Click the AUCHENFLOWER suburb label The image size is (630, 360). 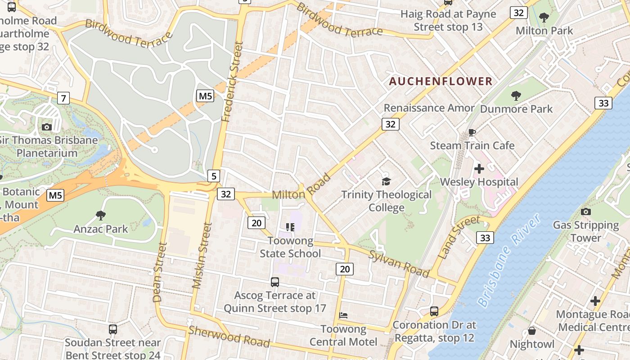[441, 81]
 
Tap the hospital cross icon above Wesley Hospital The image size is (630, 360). [479, 169]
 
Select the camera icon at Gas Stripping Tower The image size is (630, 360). [585, 211]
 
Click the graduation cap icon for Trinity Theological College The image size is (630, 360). [386, 181]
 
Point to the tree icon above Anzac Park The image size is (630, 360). [101, 216]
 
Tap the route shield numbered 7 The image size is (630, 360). [63, 98]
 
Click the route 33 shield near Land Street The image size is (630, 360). [485, 238]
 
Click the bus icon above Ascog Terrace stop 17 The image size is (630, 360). [274, 282]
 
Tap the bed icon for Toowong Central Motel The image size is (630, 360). [343, 315]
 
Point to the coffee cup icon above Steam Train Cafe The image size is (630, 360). [472, 132]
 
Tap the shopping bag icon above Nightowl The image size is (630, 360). [531, 331]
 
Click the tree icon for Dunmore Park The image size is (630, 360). [516, 95]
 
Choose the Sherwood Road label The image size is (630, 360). [229, 337]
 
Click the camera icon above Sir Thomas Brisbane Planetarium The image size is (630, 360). [47, 127]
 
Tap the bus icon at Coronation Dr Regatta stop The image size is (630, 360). [434, 311]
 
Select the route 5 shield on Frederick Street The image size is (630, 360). [214, 176]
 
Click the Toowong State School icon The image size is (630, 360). [290, 227]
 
